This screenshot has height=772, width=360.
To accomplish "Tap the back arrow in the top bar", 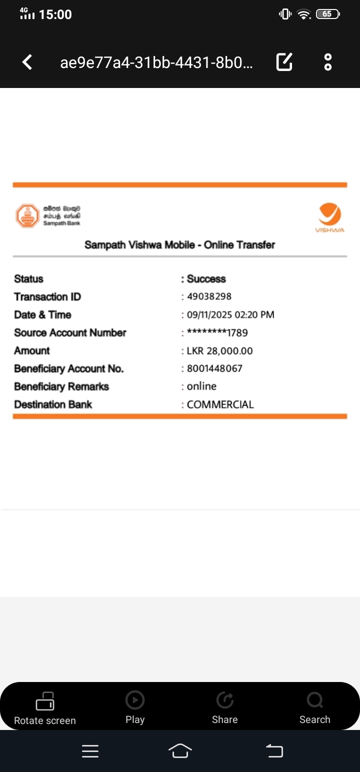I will [27, 62].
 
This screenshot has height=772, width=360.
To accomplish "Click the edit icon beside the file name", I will [284, 62].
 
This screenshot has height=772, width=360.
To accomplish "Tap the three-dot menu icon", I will [328, 62].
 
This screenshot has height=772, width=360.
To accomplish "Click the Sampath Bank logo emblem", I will [27, 216].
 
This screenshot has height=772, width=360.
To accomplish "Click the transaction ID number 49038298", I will [209, 296].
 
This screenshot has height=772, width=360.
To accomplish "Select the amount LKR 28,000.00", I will [219, 350].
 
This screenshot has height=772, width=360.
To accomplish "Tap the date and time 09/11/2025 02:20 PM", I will [230, 314].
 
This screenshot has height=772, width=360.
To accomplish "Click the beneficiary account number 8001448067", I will [214, 368].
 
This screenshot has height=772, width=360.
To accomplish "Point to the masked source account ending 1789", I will [217, 332].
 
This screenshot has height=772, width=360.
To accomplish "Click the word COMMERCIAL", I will [220, 404].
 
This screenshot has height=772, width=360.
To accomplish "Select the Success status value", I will [206, 278].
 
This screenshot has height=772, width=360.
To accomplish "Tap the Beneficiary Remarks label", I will [61, 386].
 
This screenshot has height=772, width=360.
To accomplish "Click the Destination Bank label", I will [53, 404].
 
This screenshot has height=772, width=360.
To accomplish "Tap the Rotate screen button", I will [45, 707].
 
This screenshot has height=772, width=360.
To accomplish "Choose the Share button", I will [225, 707].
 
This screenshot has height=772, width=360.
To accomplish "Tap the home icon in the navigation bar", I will [180, 750].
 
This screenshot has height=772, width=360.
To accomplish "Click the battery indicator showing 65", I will [328, 14].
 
